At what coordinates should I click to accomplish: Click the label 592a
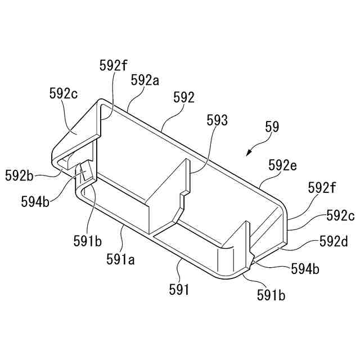pos(145,80)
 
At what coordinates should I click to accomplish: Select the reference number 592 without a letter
pos(184,97)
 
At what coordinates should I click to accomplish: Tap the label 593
pos(217,120)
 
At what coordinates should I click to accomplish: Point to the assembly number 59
pos(272,128)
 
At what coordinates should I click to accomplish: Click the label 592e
pos(283,165)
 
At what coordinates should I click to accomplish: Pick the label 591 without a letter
pos(180,290)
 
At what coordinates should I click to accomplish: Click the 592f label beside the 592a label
pos(113,65)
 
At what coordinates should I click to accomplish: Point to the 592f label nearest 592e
pos(322,190)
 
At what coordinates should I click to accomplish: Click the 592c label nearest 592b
pos(63,94)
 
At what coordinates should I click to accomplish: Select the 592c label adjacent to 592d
pos(340,215)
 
